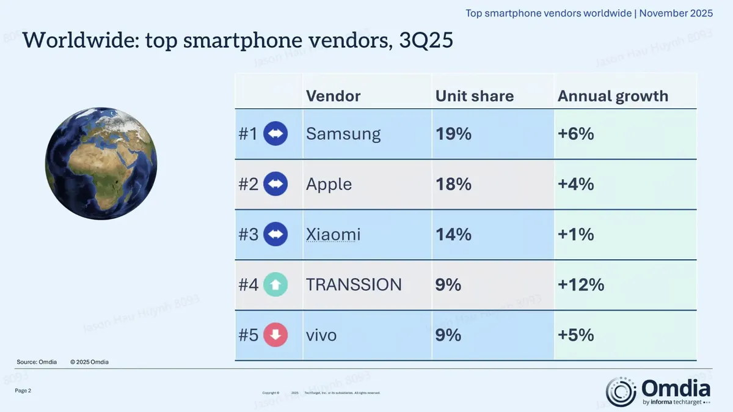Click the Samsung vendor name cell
(x=343, y=134)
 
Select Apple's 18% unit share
(x=453, y=184)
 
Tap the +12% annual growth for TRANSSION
(x=580, y=284)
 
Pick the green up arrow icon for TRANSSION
(x=275, y=284)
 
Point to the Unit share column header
(x=474, y=96)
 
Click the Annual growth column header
(x=613, y=96)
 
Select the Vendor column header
(x=333, y=96)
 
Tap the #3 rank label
(x=249, y=234)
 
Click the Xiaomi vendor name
(x=333, y=234)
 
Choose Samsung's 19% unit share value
(x=453, y=134)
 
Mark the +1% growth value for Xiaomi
(x=575, y=234)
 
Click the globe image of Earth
(x=101, y=163)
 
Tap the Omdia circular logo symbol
(x=621, y=392)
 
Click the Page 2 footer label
(x=23, y=390)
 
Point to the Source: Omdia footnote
(x=37, y=362)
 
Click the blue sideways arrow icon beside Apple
(x=275, y=184)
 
